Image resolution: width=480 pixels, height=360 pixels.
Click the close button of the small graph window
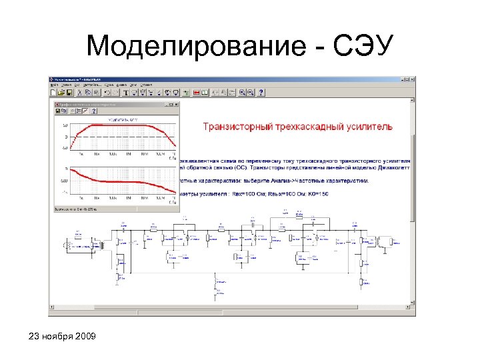(177, 104)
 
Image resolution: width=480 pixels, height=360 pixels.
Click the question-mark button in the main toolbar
(261, 93)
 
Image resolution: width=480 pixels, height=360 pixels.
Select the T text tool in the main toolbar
(125, 93)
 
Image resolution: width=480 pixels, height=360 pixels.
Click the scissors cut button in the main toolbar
(89, 93)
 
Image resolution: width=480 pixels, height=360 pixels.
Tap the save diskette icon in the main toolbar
(69, 93)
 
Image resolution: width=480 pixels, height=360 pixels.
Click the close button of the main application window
(411, 79)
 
